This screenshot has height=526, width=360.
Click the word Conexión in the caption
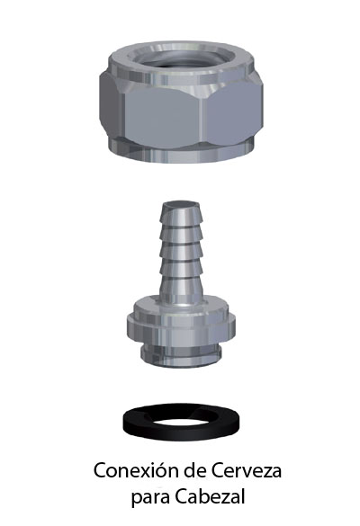click(x=136, y=470)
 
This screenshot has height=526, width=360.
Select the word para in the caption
click(x=150, y=498)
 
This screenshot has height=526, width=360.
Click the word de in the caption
click(x=193, y=470)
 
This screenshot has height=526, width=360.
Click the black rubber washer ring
click(x=181, y=432)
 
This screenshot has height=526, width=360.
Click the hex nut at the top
click(x=181, y=103)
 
